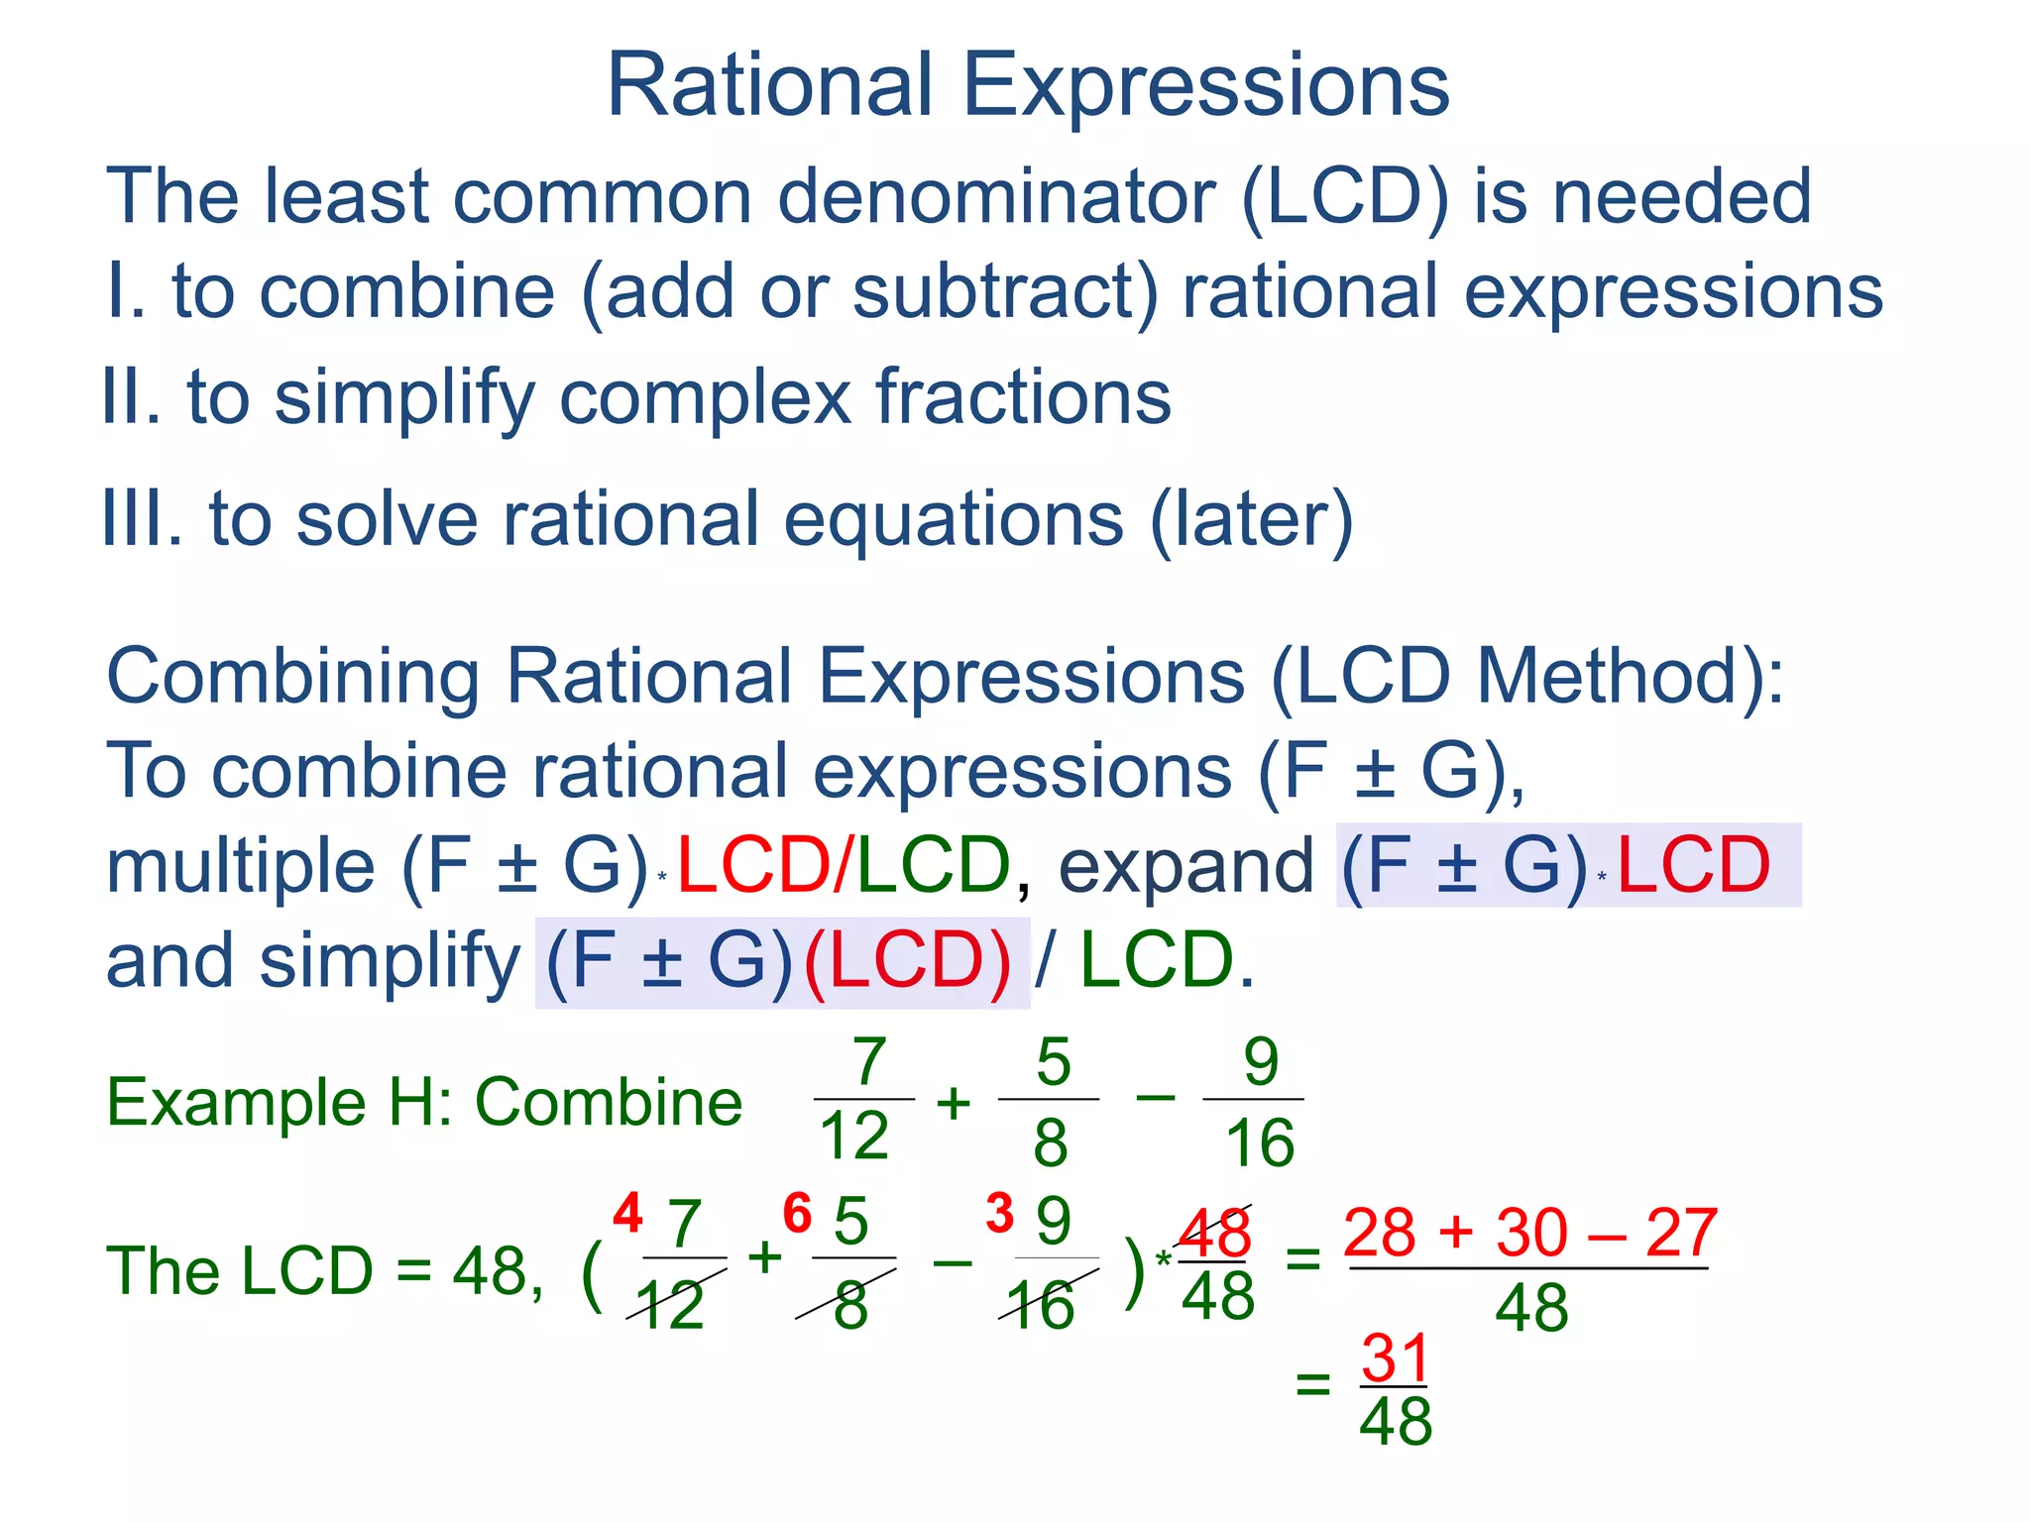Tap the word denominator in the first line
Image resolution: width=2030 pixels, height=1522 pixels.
(x=995, y=196)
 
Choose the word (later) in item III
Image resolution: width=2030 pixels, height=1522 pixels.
(x=1252, y=519)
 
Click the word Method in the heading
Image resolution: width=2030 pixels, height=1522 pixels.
(x=1607, y=677)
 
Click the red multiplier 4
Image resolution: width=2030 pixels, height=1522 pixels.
(x=627, y=1213)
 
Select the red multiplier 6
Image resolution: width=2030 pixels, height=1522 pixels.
(x=797, y=1213)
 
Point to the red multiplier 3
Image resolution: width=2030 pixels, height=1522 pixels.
(x=999, y=1213)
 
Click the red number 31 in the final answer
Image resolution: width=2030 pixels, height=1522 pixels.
(x=1394, y=1358)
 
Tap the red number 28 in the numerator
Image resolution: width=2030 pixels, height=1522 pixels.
(x=1379, y=1233)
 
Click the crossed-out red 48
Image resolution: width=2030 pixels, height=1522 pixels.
(x=1215, y=1234)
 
